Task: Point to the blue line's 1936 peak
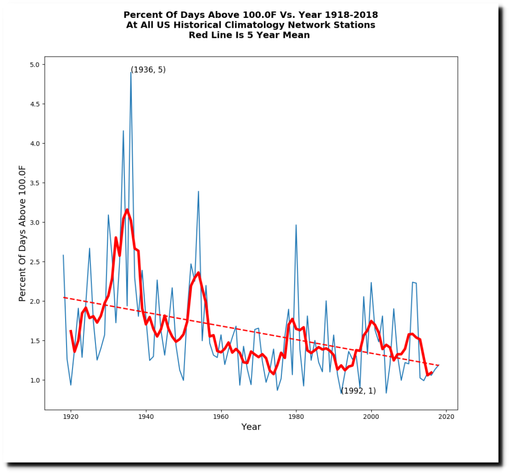(x=131, y=73)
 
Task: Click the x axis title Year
(x=251, y=427)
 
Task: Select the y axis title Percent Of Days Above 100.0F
(x=22, y=234)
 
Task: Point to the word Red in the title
(x=198, y=35)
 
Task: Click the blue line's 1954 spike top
(x=198, y=191)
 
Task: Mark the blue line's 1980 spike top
(x=296, y=225)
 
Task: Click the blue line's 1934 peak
(x=123, y=131)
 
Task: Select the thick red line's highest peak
(x=127, y=210)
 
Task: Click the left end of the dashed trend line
(x=64, y=298)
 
